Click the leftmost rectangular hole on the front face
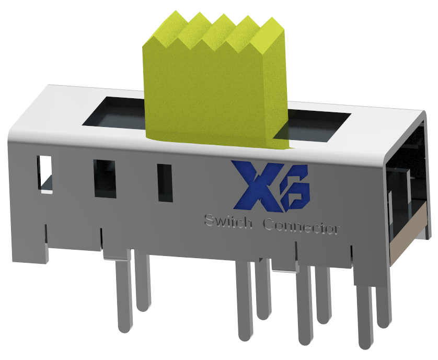pos(45,172)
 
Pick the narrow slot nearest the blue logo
pos(165,183)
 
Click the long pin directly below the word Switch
pos(243,303)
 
